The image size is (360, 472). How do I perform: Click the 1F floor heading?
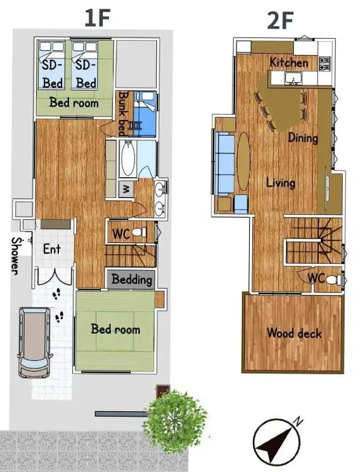[x=97, y=18]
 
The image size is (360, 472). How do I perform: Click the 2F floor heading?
[x=280, y=20]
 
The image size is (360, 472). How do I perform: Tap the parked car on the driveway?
[x=34, y=342]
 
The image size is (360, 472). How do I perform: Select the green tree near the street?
[x=175, y=420]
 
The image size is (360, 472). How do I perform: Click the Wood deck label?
[x=294, y=333]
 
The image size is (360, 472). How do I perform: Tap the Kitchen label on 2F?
[x=289, y=62]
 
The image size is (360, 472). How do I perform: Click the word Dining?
[x=303, y=138]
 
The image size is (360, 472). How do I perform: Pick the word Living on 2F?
[x=281, y=183]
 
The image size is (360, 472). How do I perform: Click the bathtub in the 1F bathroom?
[x=128, y=158]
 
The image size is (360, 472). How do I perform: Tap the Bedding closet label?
[x=132, y=279]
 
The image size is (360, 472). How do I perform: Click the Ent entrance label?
[x=52, y=249]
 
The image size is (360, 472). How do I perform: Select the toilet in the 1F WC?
[x=139, y=232]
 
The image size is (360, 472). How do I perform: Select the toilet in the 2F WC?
[x=333, y=280]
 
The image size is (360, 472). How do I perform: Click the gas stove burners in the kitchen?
[x=325, y=63]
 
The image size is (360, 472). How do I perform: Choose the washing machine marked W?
[x=126, y=189]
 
